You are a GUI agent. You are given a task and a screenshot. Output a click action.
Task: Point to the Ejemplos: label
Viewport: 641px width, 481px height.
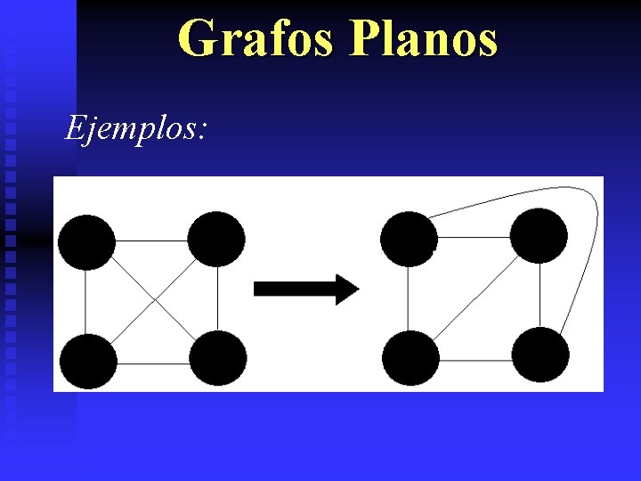click(136, 129)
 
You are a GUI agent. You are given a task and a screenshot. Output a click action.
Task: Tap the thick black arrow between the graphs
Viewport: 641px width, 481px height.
click(306, 289)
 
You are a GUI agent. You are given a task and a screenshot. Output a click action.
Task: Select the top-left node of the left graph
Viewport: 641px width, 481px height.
click(86, 242)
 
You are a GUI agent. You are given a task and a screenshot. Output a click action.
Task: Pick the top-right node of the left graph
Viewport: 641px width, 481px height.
click(216, 239)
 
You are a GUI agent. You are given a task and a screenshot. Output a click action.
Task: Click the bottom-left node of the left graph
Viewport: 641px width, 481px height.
click(88, 361)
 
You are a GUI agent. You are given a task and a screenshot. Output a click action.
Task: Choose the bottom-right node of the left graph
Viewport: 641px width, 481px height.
click(218, 358)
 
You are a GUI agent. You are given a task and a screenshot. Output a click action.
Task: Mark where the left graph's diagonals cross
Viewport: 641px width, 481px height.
click(153, 301)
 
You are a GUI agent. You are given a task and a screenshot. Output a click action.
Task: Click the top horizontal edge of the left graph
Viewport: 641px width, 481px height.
click(151, 240)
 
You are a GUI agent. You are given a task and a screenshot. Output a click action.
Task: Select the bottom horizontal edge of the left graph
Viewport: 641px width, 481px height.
click(153, 363)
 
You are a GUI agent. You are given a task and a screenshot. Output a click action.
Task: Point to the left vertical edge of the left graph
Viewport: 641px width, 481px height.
click(85, 301)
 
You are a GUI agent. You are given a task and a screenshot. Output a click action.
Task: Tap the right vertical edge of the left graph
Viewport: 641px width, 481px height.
click(217, 298)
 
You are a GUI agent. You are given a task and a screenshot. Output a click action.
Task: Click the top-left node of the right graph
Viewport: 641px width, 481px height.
click(409, 239)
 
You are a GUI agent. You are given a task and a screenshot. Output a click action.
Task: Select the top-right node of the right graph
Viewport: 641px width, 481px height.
click(539, 235)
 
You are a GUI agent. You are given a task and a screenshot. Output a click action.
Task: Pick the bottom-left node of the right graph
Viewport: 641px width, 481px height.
click(410, 357)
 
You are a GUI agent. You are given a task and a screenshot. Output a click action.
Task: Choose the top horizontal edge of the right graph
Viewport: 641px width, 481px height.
click(474, 237)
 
